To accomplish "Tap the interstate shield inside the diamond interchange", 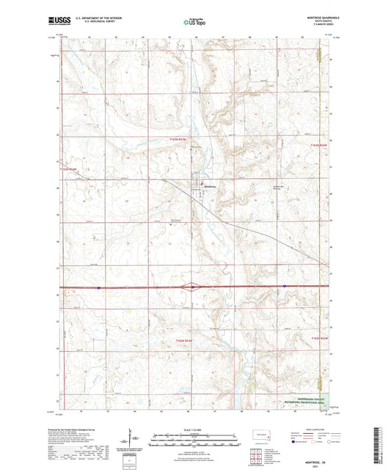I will (192, 287).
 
